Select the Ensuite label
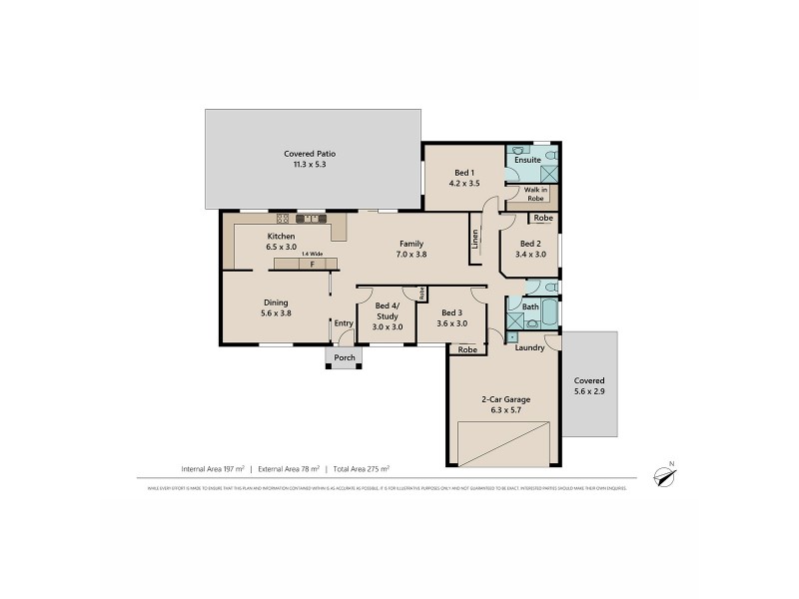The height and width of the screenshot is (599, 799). coord(527,160)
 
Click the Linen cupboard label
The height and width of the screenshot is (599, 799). coord(474,241)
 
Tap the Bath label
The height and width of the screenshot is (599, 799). coord(531,306)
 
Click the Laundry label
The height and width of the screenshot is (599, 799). coord(529,347)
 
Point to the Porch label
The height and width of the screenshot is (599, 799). coord(345,358)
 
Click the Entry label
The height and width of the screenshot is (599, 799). coord(344,322)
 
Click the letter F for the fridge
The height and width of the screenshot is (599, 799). coord(313,265)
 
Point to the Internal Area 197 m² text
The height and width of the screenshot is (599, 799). coord(214,468)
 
